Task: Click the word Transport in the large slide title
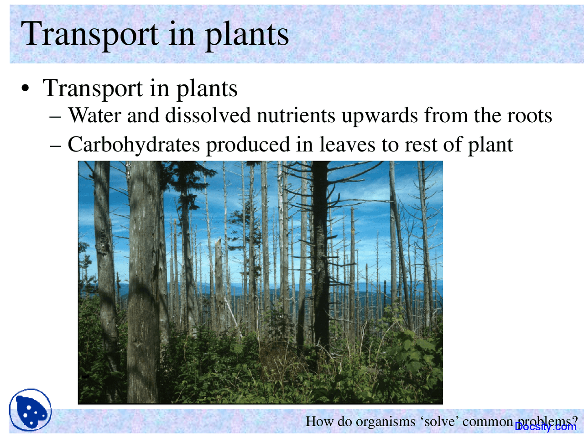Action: click(x=89, y=34)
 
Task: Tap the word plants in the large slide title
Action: click(x=246, y=34)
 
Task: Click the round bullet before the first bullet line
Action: click(x=26, y=89)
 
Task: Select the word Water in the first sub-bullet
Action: click(x=94, y=115)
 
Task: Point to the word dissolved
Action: click(x=208, y=115)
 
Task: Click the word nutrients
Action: click(x=296, y=115)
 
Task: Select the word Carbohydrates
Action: click(x=134, y=145)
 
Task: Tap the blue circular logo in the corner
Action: click(x=31, y=410)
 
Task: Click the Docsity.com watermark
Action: click(x=546, y=427)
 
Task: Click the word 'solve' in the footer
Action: click(x=439, y=421)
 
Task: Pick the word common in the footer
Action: click(x=488, y=421)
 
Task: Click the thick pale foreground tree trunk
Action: click(x=144, y=283)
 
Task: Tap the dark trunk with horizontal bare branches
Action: click(x=320, y=255)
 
